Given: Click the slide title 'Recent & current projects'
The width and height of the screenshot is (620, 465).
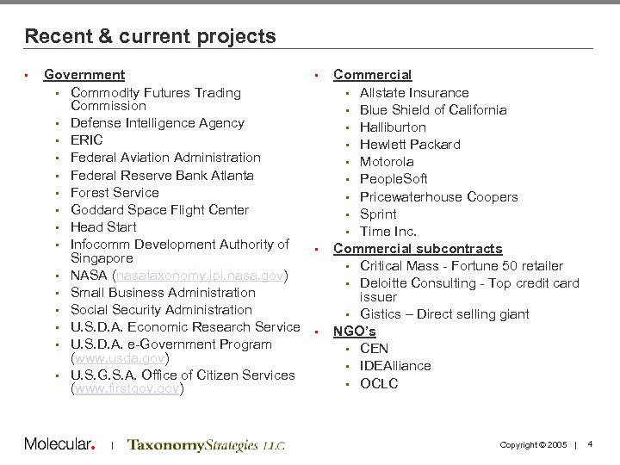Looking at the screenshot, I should [x=151, y=36].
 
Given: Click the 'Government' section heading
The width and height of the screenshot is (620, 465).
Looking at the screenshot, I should [x=84, y=75].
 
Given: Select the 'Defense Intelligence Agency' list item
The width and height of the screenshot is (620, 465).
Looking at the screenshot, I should [x=157, y=123].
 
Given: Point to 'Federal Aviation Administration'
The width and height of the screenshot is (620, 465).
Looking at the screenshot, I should [x=165, y=158].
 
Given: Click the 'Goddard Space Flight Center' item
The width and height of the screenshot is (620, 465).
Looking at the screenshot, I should [x=159, y=209].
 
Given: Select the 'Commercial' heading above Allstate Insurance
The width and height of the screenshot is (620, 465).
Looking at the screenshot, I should [x=372, y=75].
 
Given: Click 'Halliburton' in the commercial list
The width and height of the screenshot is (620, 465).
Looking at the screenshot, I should [x=394, y=127].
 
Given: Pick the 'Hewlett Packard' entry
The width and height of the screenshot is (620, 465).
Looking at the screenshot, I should [x=410, y=144].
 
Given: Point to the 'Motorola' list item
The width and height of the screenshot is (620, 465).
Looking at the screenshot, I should [x=387, y=161].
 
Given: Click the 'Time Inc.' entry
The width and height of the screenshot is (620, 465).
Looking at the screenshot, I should [x=388, y=231].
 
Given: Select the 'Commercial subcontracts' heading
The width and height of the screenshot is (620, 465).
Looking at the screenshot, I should [x=418, y=248].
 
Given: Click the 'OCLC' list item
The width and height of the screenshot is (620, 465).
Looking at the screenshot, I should [x=379, y=383].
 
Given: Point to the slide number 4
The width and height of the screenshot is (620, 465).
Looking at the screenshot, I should [x=590, y=443].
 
